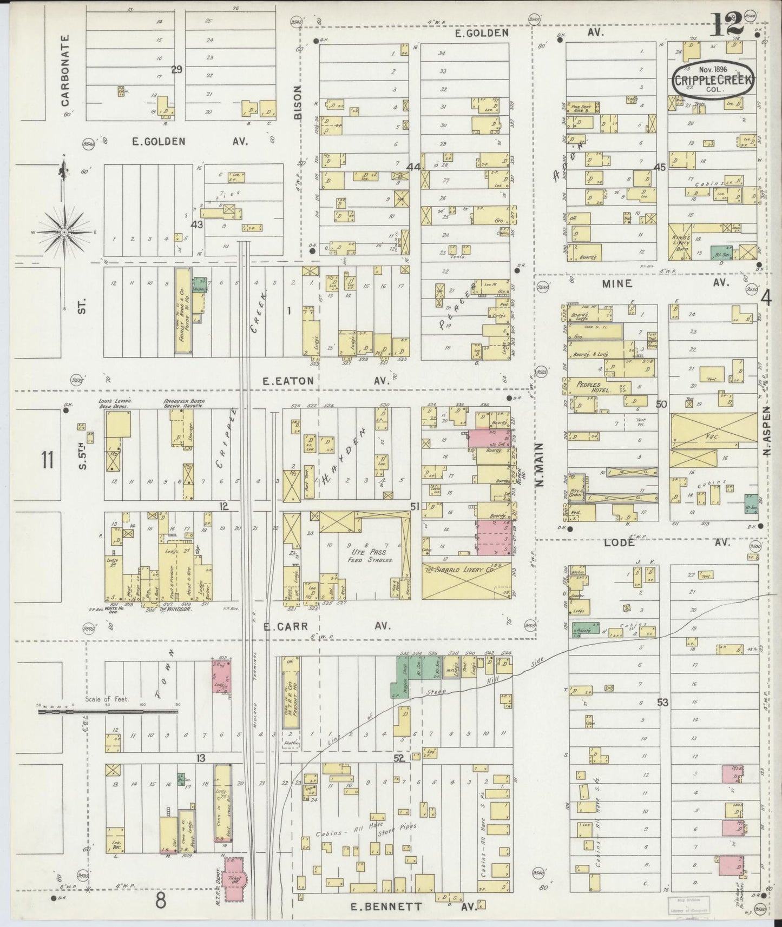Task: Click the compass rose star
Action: pos(64,232)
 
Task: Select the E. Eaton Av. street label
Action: pos(325,381)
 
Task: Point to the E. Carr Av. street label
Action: pos(325,626)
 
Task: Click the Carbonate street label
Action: pos(65,70)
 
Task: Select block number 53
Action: pos(663,703)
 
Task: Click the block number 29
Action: pos(176,69)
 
